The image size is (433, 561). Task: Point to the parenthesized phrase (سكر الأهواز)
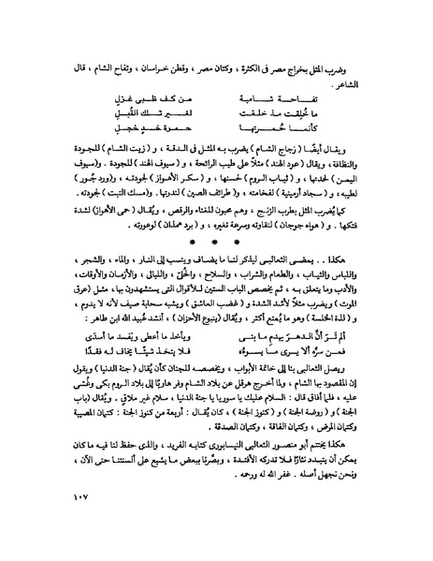165,185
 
